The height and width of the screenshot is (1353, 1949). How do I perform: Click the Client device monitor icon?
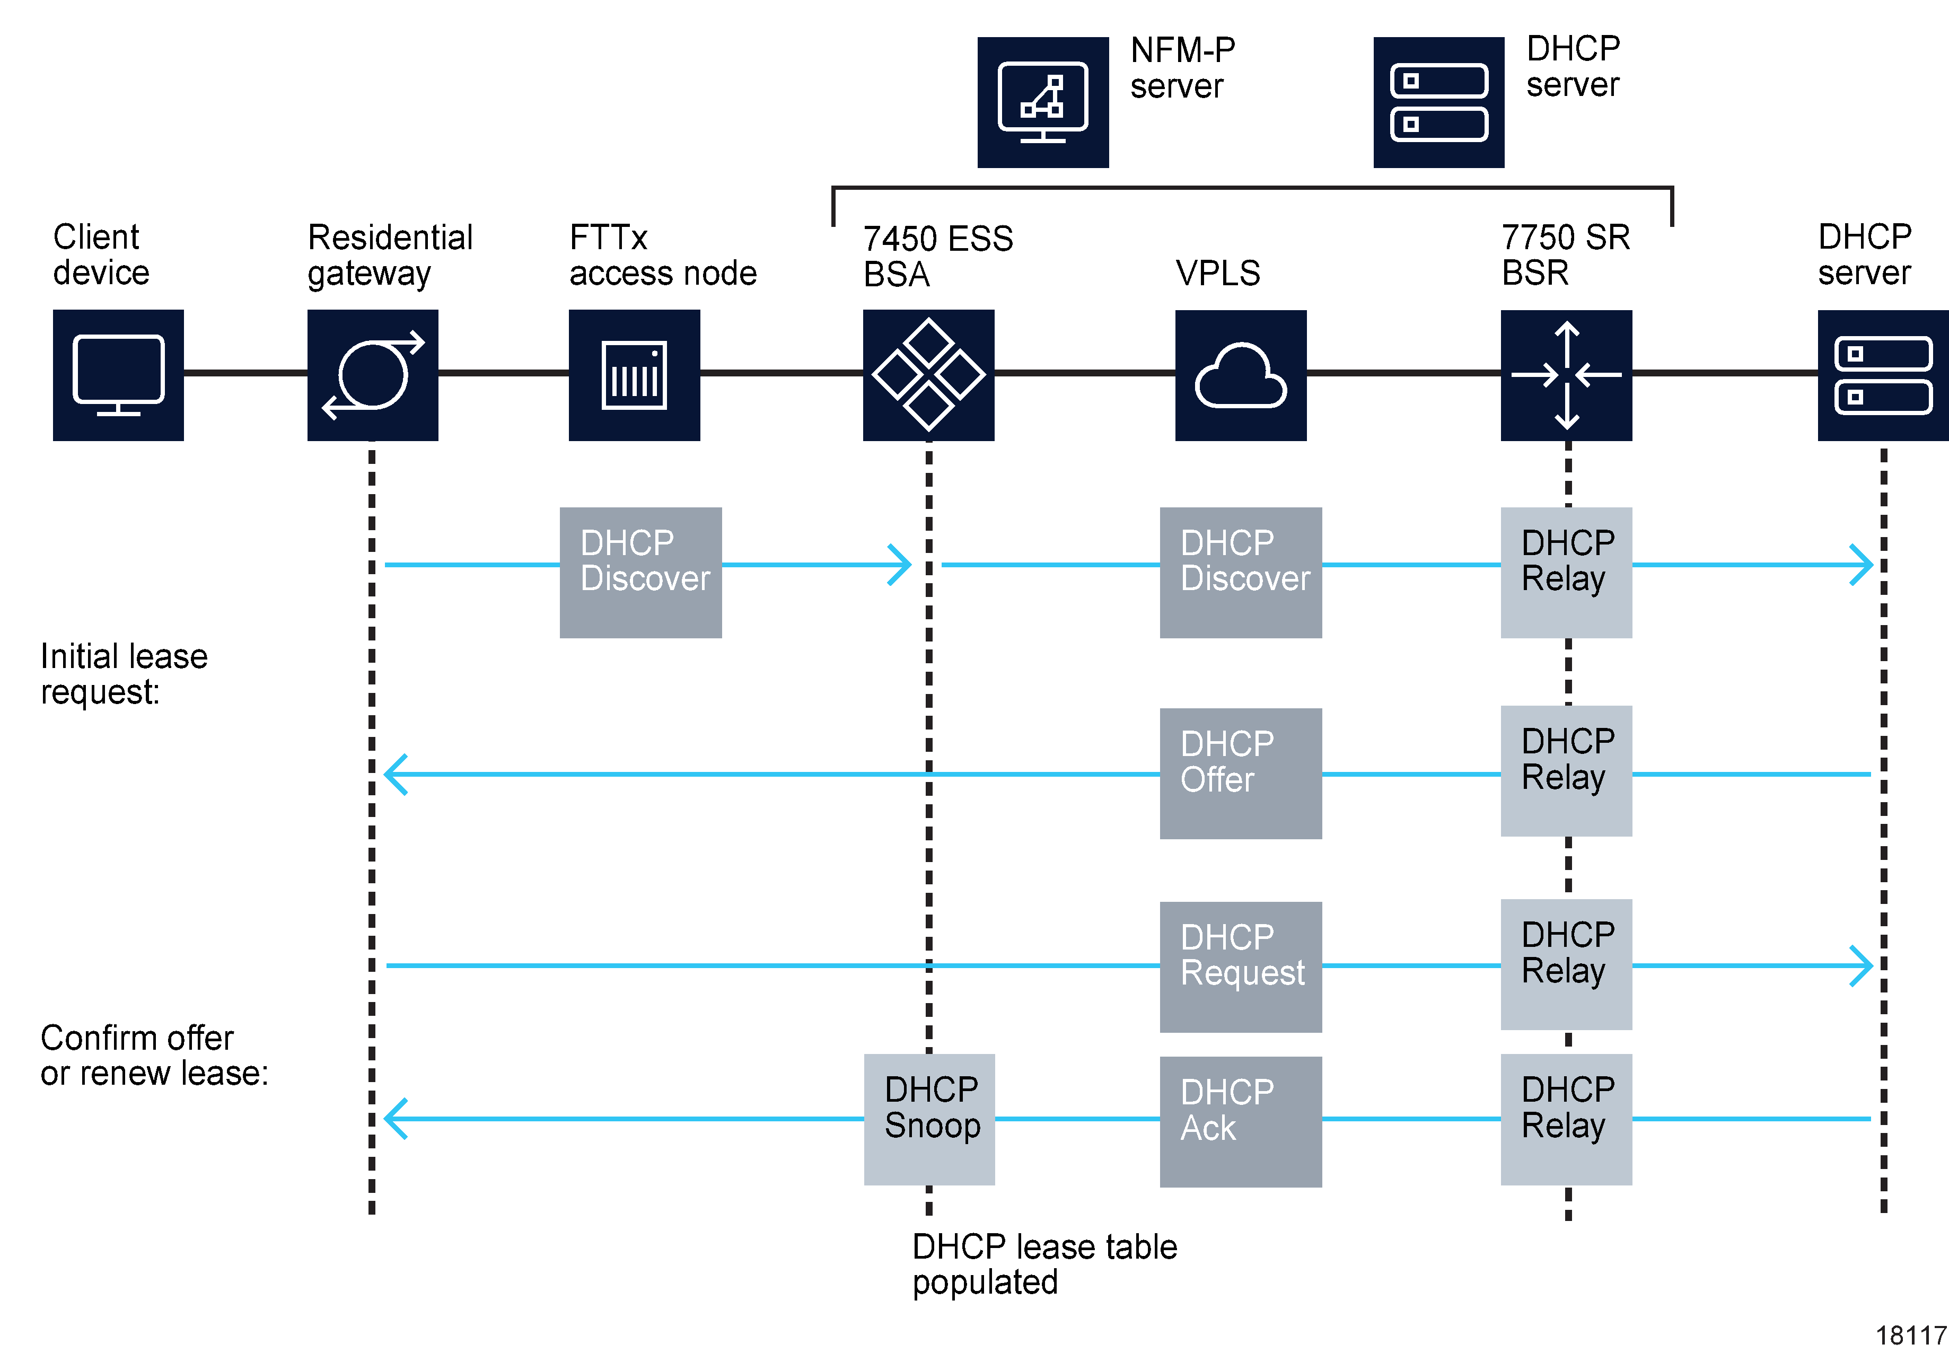118,375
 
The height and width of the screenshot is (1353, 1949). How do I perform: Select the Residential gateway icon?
372,375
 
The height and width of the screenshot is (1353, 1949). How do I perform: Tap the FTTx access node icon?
634,375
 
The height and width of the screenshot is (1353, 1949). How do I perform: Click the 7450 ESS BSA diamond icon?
928,375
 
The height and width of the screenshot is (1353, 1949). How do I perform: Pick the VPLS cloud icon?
1240,375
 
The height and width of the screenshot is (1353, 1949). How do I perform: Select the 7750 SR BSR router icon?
1566,375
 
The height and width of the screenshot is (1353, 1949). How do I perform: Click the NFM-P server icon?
1043,102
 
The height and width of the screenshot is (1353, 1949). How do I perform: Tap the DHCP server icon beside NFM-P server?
1438,102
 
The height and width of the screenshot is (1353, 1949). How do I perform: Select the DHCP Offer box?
1240,772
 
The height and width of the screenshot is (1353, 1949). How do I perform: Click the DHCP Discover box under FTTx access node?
640,572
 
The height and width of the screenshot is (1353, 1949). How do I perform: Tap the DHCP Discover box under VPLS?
1240,572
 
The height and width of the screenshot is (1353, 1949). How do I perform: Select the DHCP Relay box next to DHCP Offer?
1566,770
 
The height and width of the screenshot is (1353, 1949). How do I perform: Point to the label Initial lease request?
124,674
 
